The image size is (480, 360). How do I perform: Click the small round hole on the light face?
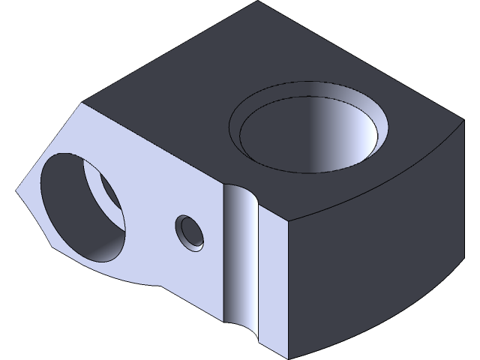coord(190,232)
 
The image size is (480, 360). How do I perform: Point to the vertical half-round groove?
coord(240,255)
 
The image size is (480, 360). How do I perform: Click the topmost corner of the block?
coord(258,2)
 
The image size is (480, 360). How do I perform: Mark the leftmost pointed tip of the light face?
coord(16,192)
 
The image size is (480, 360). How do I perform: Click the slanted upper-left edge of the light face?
coord(49,146)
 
